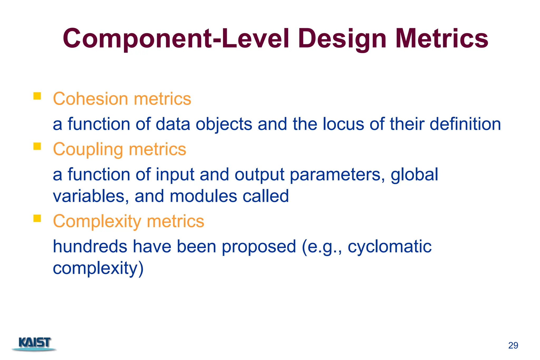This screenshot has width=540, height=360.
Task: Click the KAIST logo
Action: (x=34, y=344)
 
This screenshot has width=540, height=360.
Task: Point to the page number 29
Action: (x=513, y=345)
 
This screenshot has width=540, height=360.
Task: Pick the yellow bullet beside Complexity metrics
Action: (x=37, y=218)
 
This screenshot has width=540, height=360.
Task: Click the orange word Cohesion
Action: (x=90, y=99)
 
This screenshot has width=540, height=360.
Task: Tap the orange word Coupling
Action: (x=88, y=150)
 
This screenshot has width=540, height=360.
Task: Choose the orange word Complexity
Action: (x=97, y=221)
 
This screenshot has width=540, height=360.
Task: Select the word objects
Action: (x=224, y=124)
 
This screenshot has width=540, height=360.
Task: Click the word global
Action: (x=414, y=175)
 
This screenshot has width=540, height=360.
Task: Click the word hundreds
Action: (x=90, y=247)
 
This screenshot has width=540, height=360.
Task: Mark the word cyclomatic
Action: (x=389, y=247)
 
